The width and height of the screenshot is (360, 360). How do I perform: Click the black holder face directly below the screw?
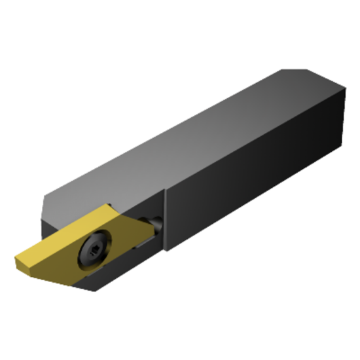(x=98, y=278)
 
